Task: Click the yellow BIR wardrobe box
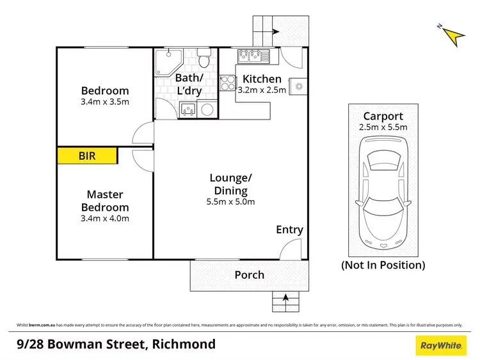88,155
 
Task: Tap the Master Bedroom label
105,201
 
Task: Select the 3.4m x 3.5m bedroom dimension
105,102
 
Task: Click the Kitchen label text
262,79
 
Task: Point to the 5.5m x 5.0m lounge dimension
231,202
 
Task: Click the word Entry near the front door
289,230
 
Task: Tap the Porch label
249,275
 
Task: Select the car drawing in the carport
383,198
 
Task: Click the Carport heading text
383,116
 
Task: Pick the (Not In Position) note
383,265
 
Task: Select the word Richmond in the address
184,345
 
